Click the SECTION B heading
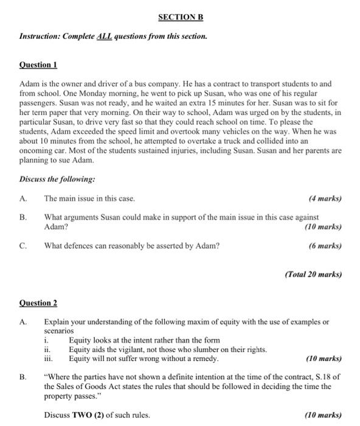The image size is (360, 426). (x=179, y=17)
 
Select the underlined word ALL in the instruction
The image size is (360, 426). (x=105, y=37)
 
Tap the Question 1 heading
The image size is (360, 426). (x=38, y=64)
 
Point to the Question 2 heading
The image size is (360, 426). (x=38, y=302)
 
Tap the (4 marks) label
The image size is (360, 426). (x=325, y=198)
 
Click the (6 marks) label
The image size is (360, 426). (x=325, y=246)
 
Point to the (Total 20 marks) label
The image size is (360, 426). (x=313, y=274)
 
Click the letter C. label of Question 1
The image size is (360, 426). (x=23, y=246)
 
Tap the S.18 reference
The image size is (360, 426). (x=317, y=377)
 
